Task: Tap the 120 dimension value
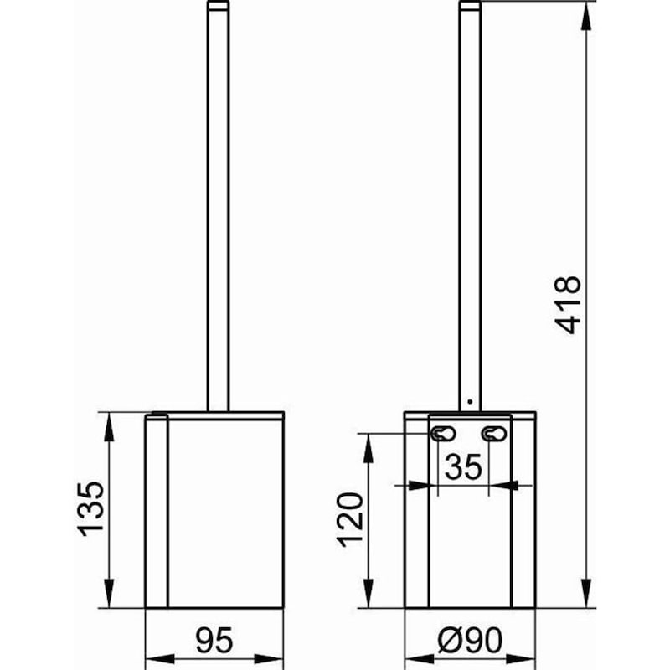click(353, 519)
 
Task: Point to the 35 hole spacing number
click(462, 467)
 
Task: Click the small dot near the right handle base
click(471, 401)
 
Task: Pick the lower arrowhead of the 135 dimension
click(107, 599)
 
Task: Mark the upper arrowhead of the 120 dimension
click(367, 443)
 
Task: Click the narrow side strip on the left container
click(157, 511)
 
